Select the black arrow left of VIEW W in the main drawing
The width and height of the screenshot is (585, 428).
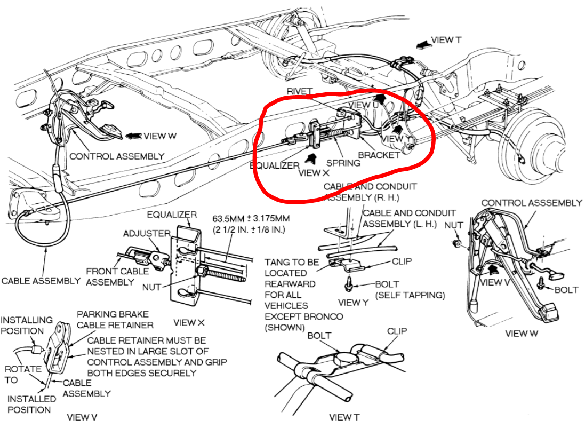pos(133,136)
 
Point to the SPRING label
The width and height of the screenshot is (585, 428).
pos(343,163)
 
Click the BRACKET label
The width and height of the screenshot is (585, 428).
pos(379,155)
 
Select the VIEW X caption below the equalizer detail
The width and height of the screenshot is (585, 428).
pos(189,322)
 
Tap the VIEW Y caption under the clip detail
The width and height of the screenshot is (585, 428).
pos(353,303)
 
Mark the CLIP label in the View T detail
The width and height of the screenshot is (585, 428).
pos(397,331)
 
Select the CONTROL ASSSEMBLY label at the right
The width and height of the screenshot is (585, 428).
pos(531,203)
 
